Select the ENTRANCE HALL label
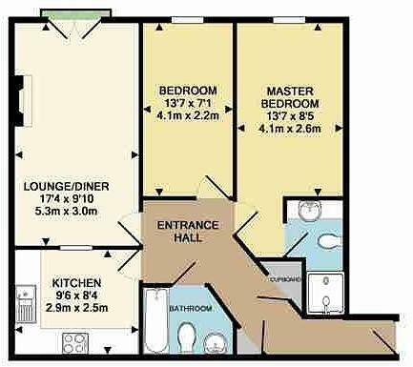coord(189,231)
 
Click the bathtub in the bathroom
coord(154,323)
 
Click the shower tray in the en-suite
coord(334,294)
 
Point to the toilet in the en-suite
coord(327,239)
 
